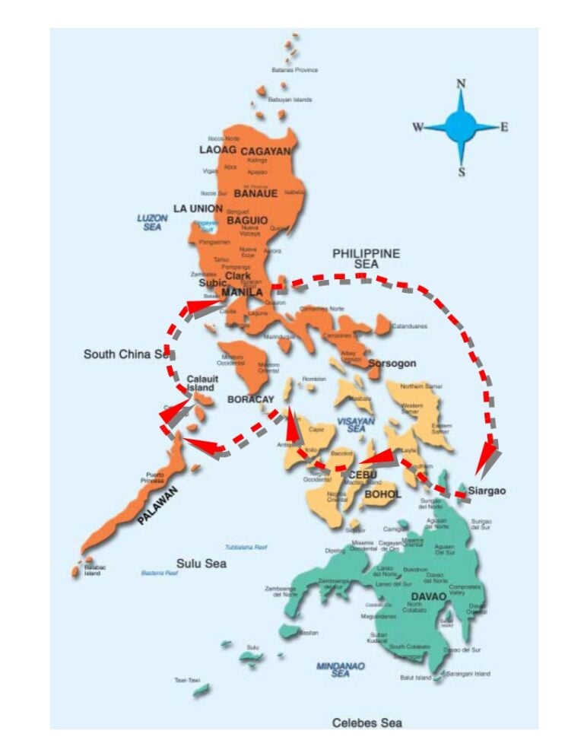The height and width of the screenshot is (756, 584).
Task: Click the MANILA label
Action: point(242,292)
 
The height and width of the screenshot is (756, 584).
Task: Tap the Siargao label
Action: point(487,491)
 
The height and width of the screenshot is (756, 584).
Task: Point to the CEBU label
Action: point(363,475)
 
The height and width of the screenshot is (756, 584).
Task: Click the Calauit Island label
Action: point(201,383)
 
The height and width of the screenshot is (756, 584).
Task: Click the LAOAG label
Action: point(214,150)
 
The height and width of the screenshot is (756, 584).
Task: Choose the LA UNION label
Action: point(198,208)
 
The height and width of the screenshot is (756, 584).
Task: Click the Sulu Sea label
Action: point(202,564)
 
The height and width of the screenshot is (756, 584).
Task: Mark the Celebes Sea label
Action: point(367,723)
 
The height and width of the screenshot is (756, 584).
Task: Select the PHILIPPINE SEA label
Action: point(366,258)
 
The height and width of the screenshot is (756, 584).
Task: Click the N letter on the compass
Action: point(461,84)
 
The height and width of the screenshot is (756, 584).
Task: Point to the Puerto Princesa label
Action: point(150,478)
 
